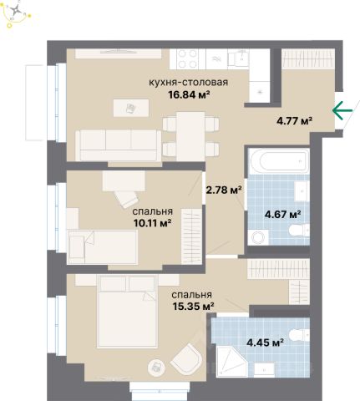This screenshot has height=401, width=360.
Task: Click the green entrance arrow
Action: tap(342, 110)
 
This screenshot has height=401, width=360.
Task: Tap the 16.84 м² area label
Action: tap(189, 95)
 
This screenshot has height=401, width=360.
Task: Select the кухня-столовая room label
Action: tap(189, 83)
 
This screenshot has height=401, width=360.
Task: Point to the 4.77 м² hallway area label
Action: tap(294, 121)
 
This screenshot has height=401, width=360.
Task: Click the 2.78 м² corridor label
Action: tap(224, 190)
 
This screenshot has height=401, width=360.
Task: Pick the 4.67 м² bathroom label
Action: tap(282, 215)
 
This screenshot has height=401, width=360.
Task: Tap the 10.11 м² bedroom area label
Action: tap(152, 223)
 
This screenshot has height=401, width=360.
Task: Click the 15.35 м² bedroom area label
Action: tap(193, 307)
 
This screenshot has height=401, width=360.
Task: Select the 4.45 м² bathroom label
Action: tap(265, 343)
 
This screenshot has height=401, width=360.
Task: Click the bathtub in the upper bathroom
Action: tap(279, 161)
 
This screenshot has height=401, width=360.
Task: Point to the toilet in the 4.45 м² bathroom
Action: tap(299, 335)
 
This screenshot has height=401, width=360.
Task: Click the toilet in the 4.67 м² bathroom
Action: tap(299, 231)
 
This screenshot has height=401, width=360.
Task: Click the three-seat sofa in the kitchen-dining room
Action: tap(119, 145)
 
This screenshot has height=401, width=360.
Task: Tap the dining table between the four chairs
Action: tap(191, 136)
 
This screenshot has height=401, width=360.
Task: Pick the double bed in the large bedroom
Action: tap(127, 312)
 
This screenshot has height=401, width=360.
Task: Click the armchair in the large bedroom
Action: tap(186, 358)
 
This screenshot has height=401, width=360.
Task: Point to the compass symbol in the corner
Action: tap(17, 11)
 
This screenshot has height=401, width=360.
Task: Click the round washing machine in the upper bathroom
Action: tap(259, 237)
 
